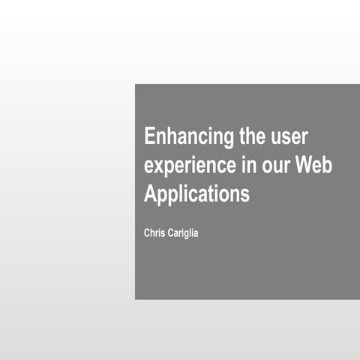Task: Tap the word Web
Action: tap(313, 165)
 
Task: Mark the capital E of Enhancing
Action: tap(150, 137)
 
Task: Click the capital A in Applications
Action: tap(150, 193)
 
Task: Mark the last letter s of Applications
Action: tap(244, 195)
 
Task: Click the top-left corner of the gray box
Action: tap(135, 84)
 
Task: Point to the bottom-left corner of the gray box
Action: tap(135, 299)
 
